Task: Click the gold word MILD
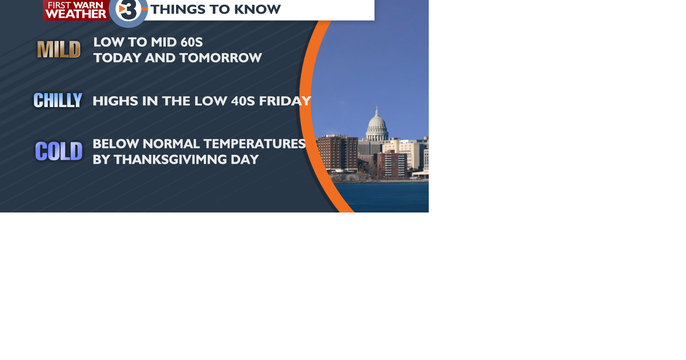click(59, 49)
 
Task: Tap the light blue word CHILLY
click(58, 100)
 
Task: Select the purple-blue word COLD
click(59, 151)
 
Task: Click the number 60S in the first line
click(191, 42)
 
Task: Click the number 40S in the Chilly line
click(243, 101)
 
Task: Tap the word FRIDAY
click(285, 101)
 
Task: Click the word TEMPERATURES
click(255, 144)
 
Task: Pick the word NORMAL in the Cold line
click(171, 144)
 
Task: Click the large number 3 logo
click(129, 11)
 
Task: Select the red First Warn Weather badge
click(76, 10)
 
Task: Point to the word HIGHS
click(115, 101)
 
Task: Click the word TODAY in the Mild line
click(116, 58)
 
